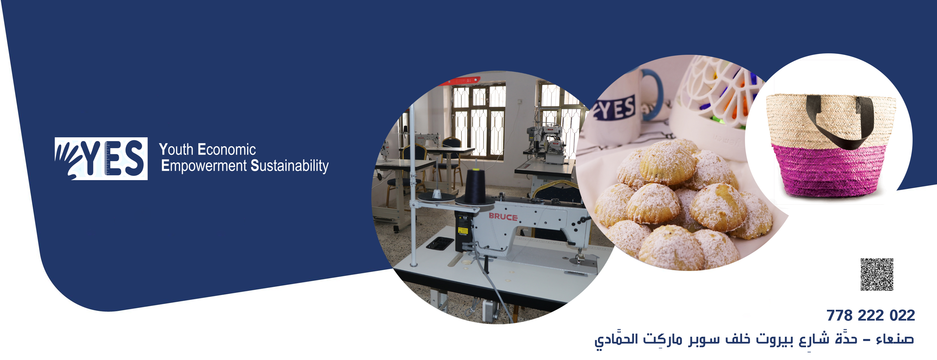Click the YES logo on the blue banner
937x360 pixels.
point(101,159)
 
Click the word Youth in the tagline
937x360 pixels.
point(176,150)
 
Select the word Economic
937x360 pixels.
point(227,150)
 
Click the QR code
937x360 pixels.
point(877,275)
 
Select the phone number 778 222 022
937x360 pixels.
point(870,315)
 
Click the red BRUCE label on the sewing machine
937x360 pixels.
point(503,217)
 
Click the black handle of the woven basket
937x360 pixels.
point(840,122)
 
